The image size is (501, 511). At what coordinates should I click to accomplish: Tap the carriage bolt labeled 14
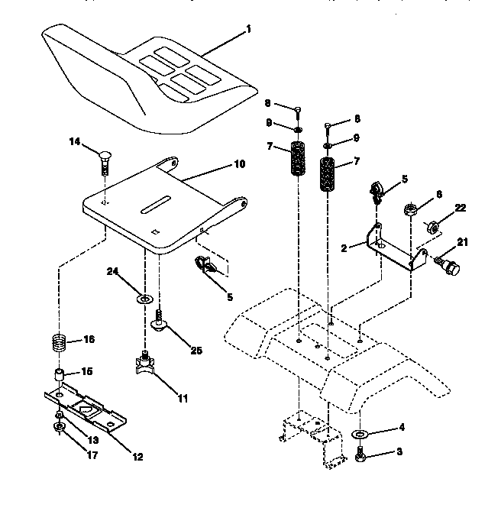[105, 161]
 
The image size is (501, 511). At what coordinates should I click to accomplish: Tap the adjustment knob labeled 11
[145, 361]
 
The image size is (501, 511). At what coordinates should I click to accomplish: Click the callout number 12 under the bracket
[137, 458]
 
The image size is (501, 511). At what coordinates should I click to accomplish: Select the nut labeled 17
[60, 427]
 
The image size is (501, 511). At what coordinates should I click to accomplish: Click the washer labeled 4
[360, 435]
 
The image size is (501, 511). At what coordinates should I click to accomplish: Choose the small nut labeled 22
[430, 226]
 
